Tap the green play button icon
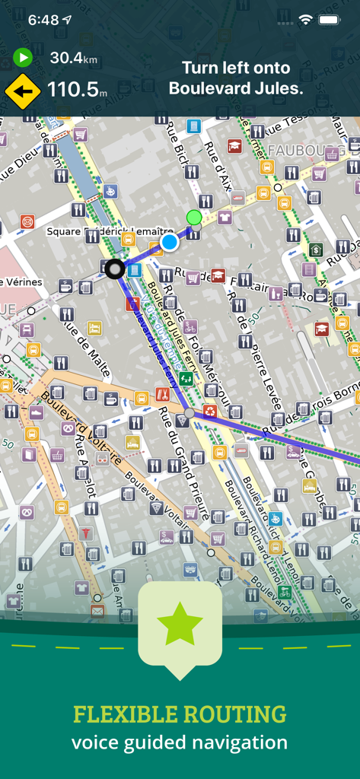(23, 57)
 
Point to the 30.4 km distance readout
(74, 57)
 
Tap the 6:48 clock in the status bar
(43, 20)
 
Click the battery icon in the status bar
(330, 20)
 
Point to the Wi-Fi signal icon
(305, 20)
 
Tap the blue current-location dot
(170, 242)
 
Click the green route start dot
(194, 217)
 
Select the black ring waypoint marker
(115, 268)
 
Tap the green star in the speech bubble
(180, 624)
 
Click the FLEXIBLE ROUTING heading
(180, 714)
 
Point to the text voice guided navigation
(180, 742)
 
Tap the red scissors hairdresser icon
(162, 395)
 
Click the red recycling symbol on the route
(209, 412)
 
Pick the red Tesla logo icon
(85, 533)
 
